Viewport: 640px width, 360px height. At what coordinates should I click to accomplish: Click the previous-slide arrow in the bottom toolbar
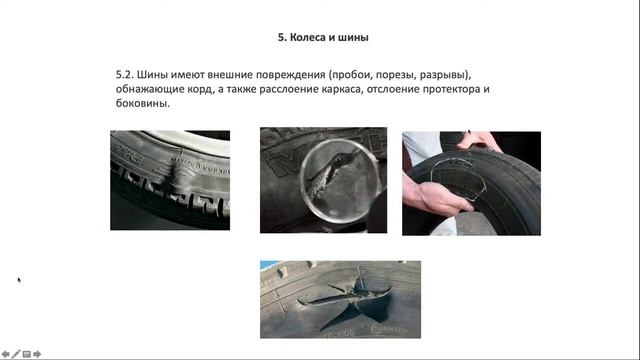click(5, 354)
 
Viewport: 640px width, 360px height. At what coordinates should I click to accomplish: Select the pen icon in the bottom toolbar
click(15, 354)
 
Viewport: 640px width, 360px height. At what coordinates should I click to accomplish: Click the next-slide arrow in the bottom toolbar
click(37, 354)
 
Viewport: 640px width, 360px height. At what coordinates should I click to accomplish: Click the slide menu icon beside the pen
click(26, 354)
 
